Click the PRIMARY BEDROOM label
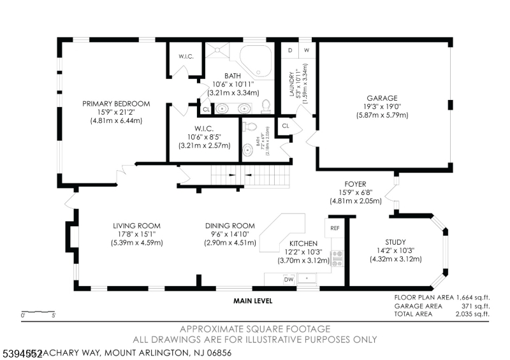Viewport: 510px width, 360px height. (x=115, y=104)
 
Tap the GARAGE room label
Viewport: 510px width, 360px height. (x=382, y=98)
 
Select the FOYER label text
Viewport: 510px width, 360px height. (x=355, y=184)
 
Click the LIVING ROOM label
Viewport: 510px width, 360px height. (x=136, y=226)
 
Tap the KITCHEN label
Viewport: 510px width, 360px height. (x=303, y=243)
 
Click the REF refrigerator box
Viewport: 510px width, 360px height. (x=335, y=227)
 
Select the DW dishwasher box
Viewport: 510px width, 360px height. (x=288, y=279)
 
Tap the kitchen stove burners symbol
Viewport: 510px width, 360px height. (x=337, y=258)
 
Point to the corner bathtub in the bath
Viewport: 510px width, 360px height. (x=259, y=60)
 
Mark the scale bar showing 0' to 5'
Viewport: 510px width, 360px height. (x=38, y=313)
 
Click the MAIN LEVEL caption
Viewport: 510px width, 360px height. (x=252, y=301)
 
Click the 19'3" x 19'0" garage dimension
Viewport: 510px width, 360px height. (x=382, y=107)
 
